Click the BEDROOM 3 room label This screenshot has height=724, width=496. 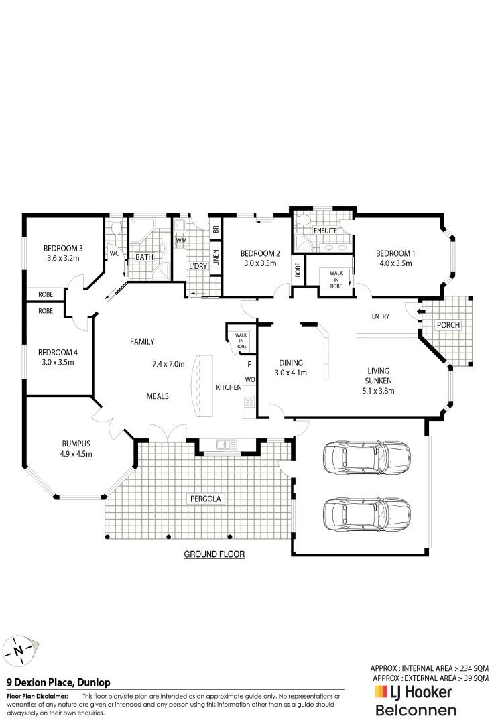coord(63,247)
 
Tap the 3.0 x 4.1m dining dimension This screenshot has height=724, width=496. coord(290,373)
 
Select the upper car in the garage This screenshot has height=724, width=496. coord(367,459)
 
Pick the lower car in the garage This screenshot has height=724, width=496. coord(367,514)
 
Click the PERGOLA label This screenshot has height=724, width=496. coord(204,499)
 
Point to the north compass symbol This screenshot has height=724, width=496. coord(20,649)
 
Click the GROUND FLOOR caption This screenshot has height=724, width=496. coord(214,554)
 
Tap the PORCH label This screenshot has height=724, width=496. coord(448,325)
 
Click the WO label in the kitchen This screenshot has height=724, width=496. coord(249,380)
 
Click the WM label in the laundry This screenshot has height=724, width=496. coord(181,240)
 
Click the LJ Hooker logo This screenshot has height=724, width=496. coord(413,692)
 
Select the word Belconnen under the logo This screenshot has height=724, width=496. coord(416,710)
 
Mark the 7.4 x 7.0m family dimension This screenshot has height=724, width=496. coord(168,364)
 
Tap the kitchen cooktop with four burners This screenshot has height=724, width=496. coord(249,402)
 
